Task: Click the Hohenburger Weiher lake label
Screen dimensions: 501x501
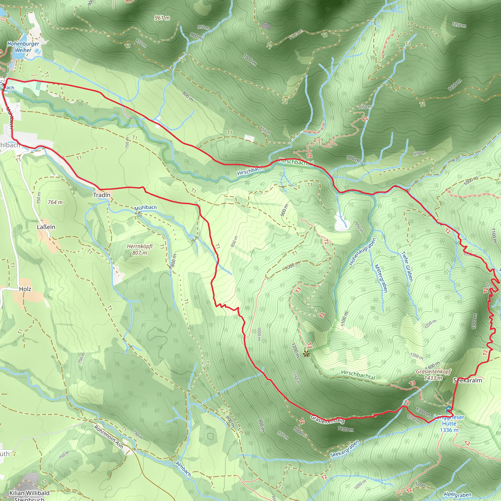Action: point(23,47)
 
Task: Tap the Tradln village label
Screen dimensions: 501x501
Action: point(102,195)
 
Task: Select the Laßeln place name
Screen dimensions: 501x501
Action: point(46,227)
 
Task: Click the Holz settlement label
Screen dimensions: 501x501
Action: point(25,289)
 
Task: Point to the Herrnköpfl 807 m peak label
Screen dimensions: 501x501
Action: point(139,249)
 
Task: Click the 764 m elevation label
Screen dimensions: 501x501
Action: point(55,202)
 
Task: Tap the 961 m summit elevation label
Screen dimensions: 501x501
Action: point(162,18)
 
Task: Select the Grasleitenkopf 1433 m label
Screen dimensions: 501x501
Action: point(433,375)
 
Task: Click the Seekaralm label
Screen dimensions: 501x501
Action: point(467,380)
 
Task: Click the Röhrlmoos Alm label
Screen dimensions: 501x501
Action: point(108,437)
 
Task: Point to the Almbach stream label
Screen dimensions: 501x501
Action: point(183,469)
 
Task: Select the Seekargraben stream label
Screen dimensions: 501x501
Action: point(345,448)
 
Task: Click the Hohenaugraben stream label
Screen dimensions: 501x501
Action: point(362,252)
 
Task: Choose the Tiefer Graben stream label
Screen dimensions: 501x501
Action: point(407,266)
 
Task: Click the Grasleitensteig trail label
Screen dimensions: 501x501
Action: point(327,419)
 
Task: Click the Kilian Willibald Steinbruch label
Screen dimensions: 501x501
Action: point(29,496)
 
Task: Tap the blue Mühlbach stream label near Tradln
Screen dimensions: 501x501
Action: point(145,208)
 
